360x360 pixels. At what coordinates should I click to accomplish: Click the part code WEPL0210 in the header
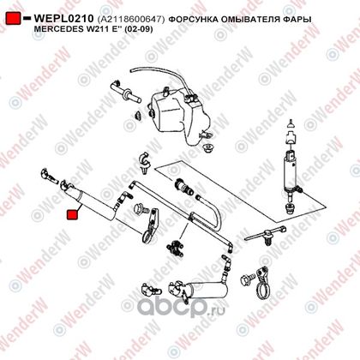[63, 19]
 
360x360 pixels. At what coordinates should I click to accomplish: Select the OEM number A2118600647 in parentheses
[131, 20]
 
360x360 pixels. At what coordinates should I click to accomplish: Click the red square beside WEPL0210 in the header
[14, 19]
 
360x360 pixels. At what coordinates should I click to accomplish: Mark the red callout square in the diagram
[72, 215]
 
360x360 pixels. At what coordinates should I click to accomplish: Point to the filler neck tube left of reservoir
[125, 92]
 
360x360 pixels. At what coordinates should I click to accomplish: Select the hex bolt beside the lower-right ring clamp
[247, 279]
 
